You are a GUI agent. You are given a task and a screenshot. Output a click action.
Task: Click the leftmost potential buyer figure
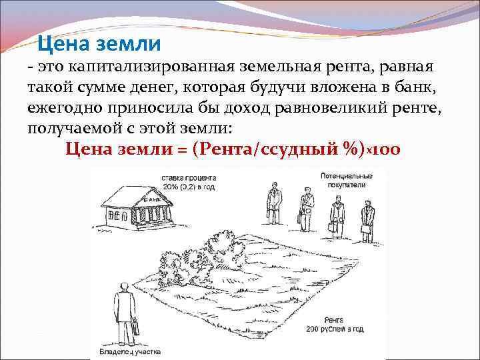pyautogui.click(x=273, y=205)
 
